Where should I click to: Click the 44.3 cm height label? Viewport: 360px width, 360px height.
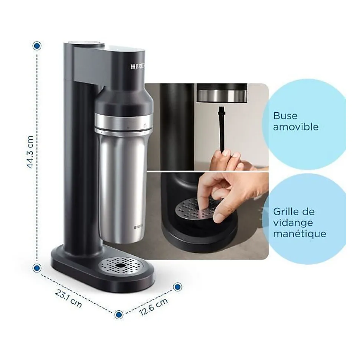pos(30,152)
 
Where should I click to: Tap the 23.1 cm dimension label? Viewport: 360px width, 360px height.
pos(69,298)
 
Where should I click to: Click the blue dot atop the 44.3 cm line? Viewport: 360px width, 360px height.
pos(37,46)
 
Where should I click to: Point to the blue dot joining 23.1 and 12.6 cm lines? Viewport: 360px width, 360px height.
pos(118,315)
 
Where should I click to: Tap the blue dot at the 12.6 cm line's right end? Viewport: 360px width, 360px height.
pos(178,287)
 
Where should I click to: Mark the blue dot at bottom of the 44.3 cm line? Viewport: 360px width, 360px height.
pos(37,268)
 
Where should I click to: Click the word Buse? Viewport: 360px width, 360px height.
pos(285,116)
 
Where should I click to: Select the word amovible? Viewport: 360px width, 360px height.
pos(295,127)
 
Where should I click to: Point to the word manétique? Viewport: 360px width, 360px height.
pos(300,234)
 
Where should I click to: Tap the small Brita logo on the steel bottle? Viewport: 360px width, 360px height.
pos(138,227)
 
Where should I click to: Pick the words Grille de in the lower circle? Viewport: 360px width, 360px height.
pos(294,212)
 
